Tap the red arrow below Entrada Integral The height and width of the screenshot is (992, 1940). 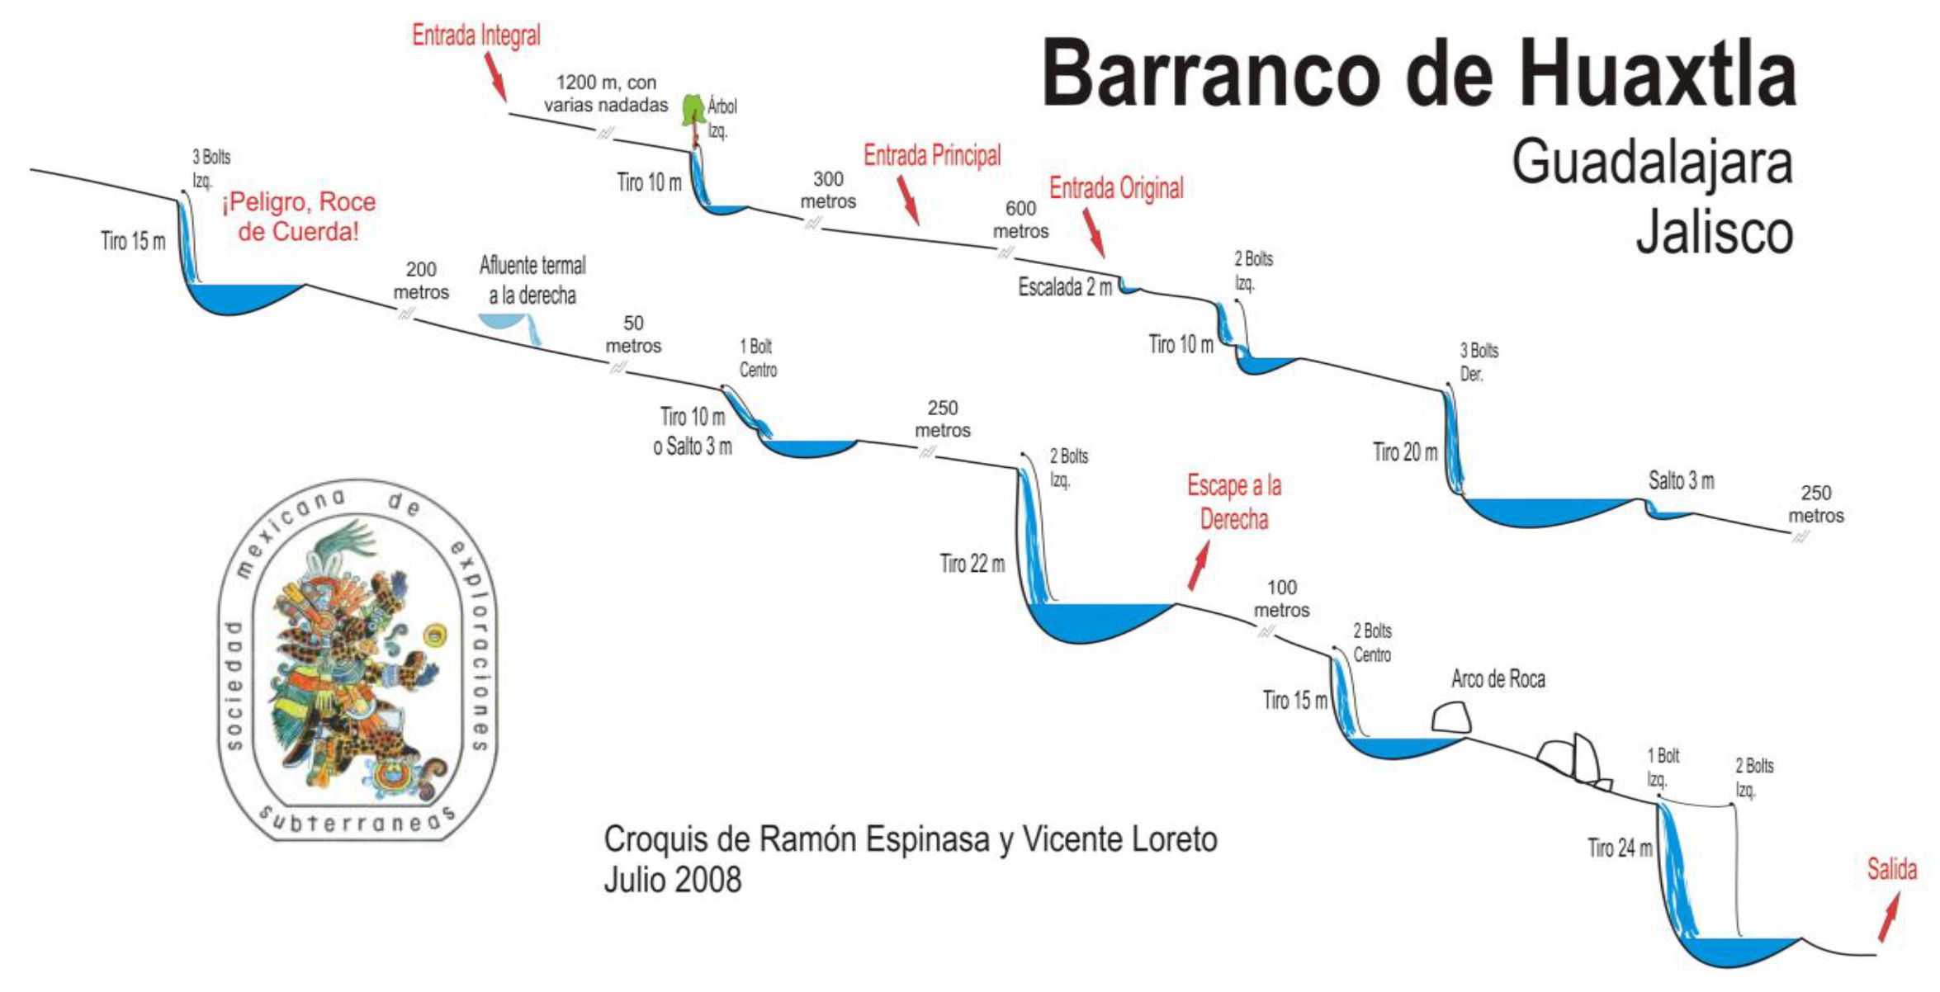tap(495, 76)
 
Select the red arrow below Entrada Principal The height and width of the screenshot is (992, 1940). tap(908, 200)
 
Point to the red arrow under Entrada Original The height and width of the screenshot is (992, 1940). tap(1094, 233)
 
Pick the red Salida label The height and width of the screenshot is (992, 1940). tap(1892, 869)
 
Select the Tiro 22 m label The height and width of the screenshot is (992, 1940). tap(972, 564)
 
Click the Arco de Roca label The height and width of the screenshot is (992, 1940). tap(1498, 679)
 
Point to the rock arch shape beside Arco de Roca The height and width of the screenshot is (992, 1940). tap(1451, 718)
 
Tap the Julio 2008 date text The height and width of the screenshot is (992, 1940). tap(672, 880)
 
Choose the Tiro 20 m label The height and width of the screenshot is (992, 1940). tap(1404, 452)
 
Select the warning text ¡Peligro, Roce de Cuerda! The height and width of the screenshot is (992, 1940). tap(298, 216)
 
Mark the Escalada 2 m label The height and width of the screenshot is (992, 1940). tap(1065, 287)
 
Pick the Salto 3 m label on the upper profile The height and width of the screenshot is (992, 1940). tap(1681, 480)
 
